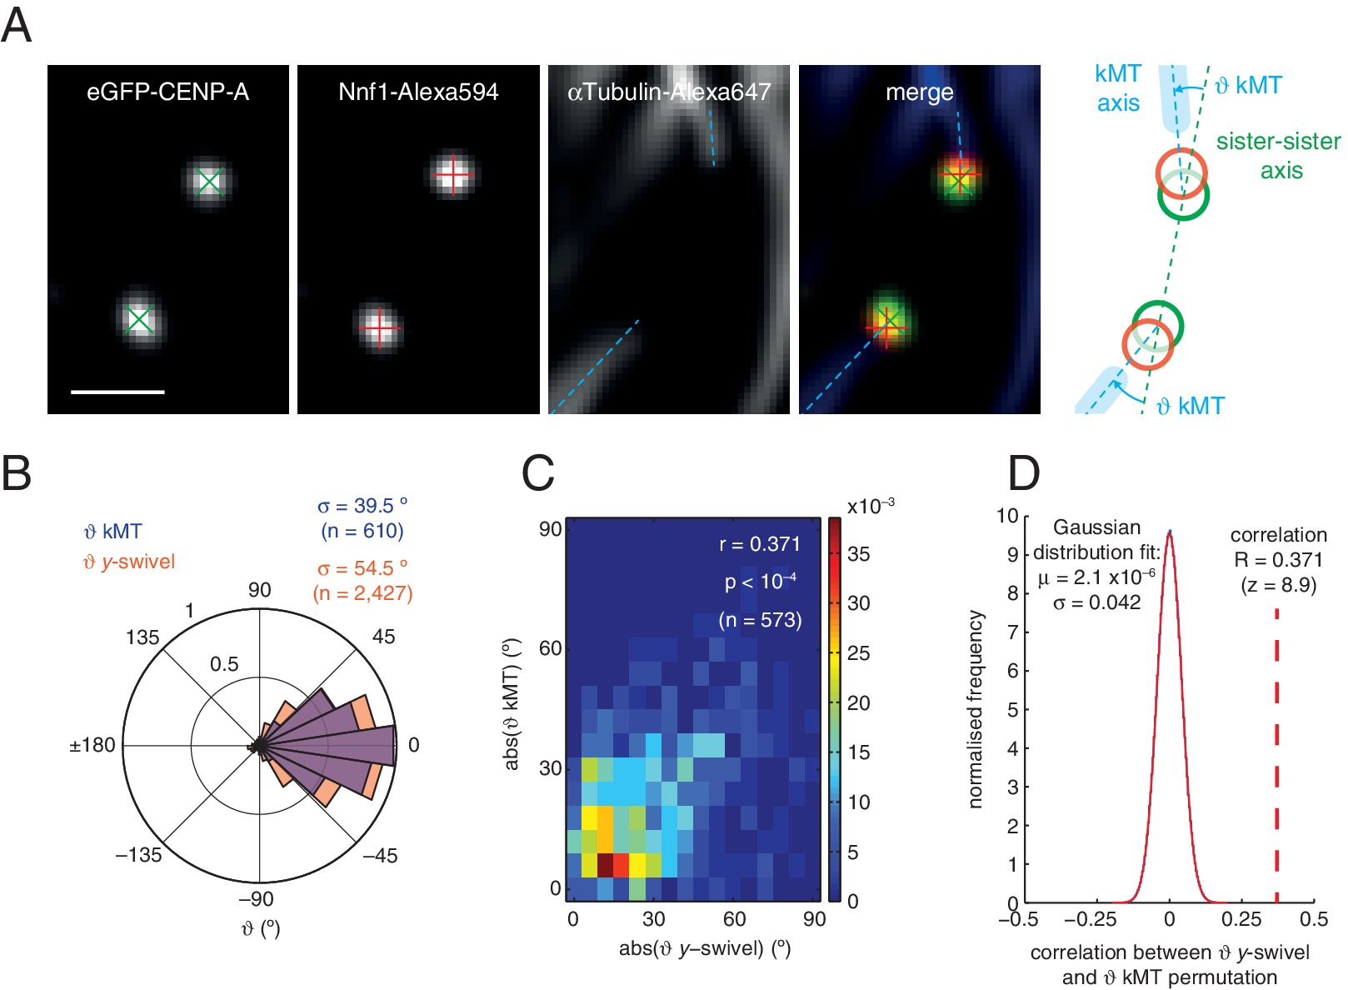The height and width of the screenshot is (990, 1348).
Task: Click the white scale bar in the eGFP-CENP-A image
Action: tap(117, 391)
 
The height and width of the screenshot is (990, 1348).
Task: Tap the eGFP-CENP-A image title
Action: tap(167, 92)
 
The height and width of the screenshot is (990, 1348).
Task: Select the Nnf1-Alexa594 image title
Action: tap(418, 92)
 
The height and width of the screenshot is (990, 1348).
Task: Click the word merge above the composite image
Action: tap(919, 92)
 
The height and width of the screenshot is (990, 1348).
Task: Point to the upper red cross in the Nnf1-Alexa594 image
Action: tap(453, 174)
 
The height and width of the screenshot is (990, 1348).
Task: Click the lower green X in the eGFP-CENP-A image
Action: tap(139, 320)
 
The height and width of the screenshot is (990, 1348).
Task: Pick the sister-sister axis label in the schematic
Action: tap(1278, 155)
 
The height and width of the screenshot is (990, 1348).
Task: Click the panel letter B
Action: tap(17, 472)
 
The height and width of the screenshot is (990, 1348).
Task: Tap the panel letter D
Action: tap(1023, 472)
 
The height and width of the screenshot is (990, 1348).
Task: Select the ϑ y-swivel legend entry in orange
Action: tap(129, 562)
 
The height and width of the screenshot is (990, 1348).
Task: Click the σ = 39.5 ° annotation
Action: tap(362, 506)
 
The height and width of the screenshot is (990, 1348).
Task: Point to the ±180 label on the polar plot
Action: tap(92, 745)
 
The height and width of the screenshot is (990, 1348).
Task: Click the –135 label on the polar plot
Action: tap(138, 855)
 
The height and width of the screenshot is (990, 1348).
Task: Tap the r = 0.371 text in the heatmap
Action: tap(759, 544)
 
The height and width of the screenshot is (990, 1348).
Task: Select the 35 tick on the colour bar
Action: tap(858, 554)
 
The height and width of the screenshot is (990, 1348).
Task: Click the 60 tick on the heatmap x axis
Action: tap(734, 919)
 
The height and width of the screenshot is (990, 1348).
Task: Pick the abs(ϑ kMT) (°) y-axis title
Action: tap(512, 705)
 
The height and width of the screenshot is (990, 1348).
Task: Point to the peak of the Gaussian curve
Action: tap(1170, 533)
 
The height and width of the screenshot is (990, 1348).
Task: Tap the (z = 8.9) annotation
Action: tap(1278, 585)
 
